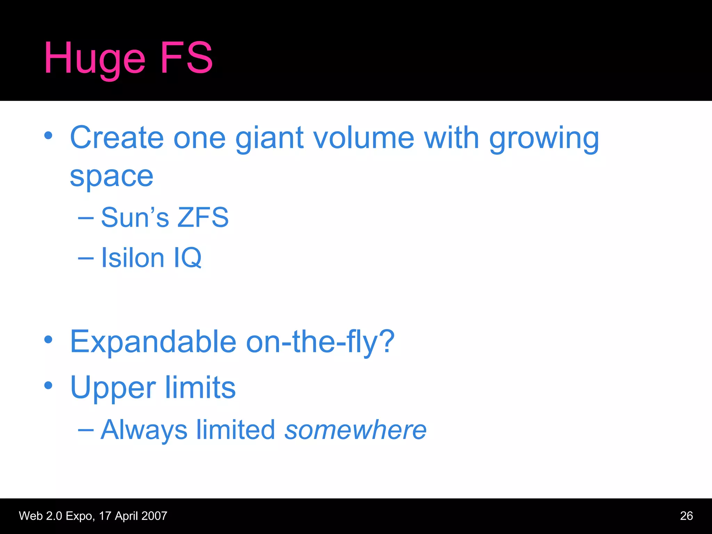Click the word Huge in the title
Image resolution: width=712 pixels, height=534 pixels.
(94, 58)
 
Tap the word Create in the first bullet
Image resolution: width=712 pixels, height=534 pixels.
(116, 138)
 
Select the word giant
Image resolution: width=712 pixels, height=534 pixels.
(270, 138)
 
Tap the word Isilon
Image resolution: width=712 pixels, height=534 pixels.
(132, 258)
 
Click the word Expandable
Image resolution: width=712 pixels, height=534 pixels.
(153, 341)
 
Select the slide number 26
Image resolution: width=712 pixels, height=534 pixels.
(686, 516)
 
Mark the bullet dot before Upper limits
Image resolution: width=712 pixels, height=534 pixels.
(48, 385)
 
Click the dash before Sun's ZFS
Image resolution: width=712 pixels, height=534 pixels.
(86, 218)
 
